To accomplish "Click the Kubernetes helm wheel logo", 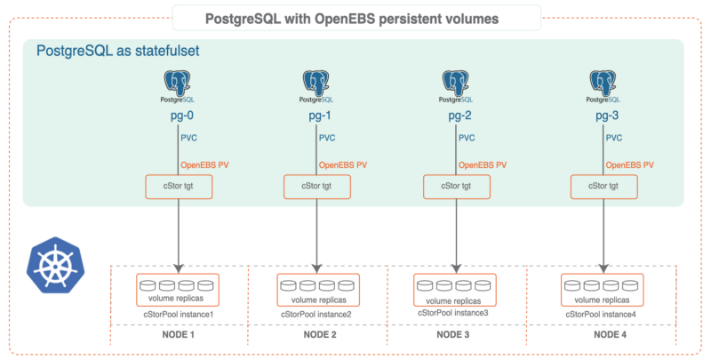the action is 55,265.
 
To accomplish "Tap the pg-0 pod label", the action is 182,116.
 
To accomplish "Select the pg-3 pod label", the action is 607,116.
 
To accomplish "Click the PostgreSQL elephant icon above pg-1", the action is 316,83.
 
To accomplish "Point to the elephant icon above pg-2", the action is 455,83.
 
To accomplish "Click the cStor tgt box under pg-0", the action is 179,187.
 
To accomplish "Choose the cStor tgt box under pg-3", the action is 603,187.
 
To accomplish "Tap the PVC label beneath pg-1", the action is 327,138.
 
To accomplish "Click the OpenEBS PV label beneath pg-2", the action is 483,165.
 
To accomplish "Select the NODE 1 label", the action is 179,334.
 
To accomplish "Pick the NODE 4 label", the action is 610,334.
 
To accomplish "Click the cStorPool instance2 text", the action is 316,314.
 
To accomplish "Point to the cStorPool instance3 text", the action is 453,313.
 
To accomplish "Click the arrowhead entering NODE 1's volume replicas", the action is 179,268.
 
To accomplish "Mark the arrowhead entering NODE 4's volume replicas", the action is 603,268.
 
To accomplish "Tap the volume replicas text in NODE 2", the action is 319,300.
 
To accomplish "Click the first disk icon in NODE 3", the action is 425,285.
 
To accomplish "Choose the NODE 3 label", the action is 453,334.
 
